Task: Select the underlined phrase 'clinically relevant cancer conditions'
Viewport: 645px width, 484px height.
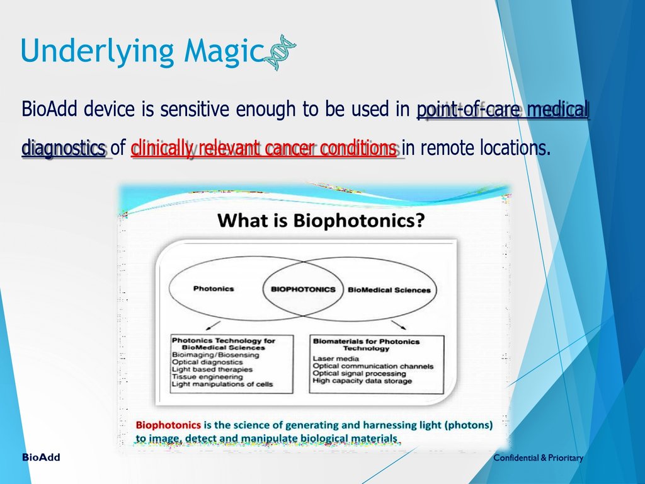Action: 265,149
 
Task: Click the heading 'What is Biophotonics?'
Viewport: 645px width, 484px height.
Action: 321,221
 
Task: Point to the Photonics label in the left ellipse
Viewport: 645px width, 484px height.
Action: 213,289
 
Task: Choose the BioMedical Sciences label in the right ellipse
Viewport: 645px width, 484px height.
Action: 389,290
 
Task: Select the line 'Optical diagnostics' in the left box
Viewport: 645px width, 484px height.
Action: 207,362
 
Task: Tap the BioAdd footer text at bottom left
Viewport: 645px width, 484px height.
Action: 41,458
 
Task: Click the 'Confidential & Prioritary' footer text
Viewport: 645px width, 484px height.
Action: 538,458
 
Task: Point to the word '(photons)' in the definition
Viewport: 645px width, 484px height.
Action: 468,425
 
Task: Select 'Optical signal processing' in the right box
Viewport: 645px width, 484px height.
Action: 359,373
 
